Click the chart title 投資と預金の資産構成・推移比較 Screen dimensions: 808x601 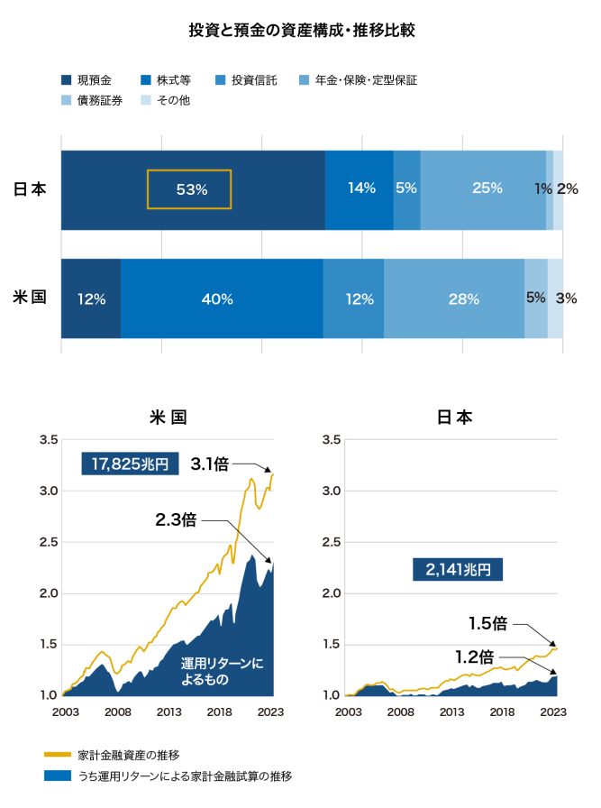(x=302, y=31)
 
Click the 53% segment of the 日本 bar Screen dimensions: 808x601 (x=191, y=189)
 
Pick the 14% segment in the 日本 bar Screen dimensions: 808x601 (x=360, y=188)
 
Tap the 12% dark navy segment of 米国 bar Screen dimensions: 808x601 (x=91, y=299)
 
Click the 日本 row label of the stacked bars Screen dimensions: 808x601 (x=30, y=189)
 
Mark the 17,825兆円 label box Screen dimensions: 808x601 (x=130, y=464)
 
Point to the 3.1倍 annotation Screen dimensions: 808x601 (x=211, y=464)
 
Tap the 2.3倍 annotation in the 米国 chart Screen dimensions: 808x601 (x=177, y=520)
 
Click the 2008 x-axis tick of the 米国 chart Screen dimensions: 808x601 (x=117, y=712)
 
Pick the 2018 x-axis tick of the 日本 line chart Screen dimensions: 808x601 (x=502, y=712)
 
